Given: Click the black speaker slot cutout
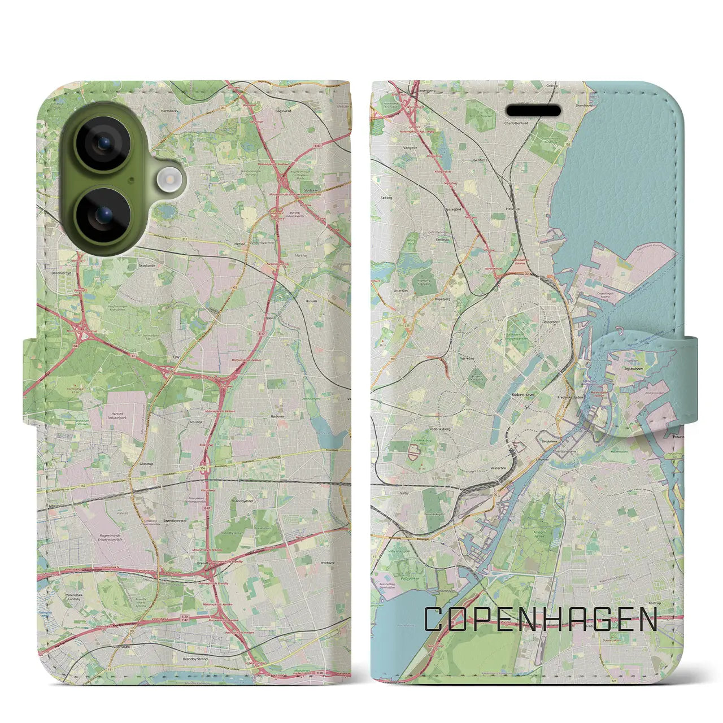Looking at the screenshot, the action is pyautogui.click(x=533, y=110).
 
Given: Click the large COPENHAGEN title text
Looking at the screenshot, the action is pyautogui.click(x=541, y=620).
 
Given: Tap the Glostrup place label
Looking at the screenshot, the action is pyautogui.click(x=146, y=463).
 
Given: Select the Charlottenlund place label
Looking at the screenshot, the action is pyautogui.click(x=516, y=123).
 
